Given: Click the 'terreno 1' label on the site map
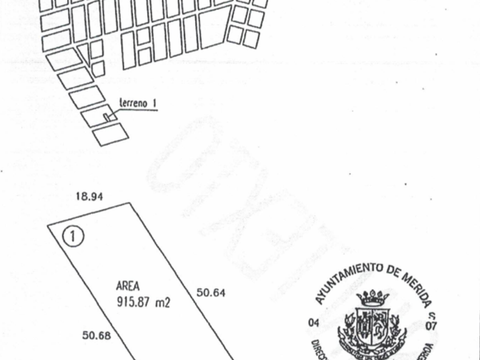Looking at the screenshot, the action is pos(138,103).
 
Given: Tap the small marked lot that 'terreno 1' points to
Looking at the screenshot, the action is pos(107,117).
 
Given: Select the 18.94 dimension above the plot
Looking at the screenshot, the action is pos(89,197).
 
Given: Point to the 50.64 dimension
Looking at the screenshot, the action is pos(211,293).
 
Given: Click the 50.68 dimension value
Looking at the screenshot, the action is pos(96,335).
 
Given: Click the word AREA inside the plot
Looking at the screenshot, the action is pos(127,286).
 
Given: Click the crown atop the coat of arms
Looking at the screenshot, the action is pos(373,298).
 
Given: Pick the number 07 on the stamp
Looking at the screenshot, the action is pos(431,326).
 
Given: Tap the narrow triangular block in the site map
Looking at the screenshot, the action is pos(84,53).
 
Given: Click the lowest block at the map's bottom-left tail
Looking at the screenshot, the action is pos(110,134).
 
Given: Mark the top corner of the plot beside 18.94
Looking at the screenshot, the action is pos(130,203).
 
